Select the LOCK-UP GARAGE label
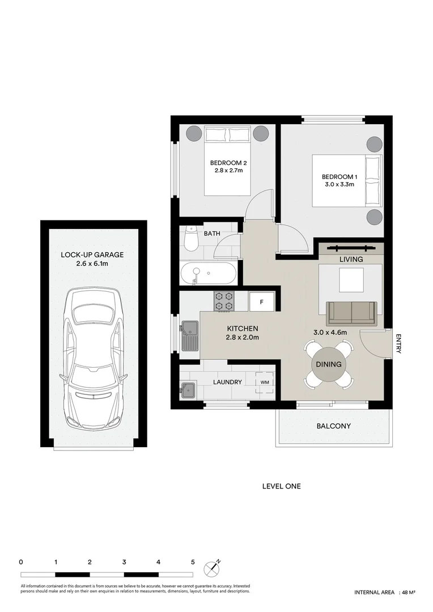point(92,255)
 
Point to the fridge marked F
point(261,301)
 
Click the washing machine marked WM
point(264,382)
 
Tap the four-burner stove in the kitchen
point(224,301)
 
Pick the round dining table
point(329,364)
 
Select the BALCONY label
point(334,426)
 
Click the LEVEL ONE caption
point(282,486)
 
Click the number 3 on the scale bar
point(124,562)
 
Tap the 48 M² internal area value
point(408,593)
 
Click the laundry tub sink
point(188,389)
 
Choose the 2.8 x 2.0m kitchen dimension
point(243,338)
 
